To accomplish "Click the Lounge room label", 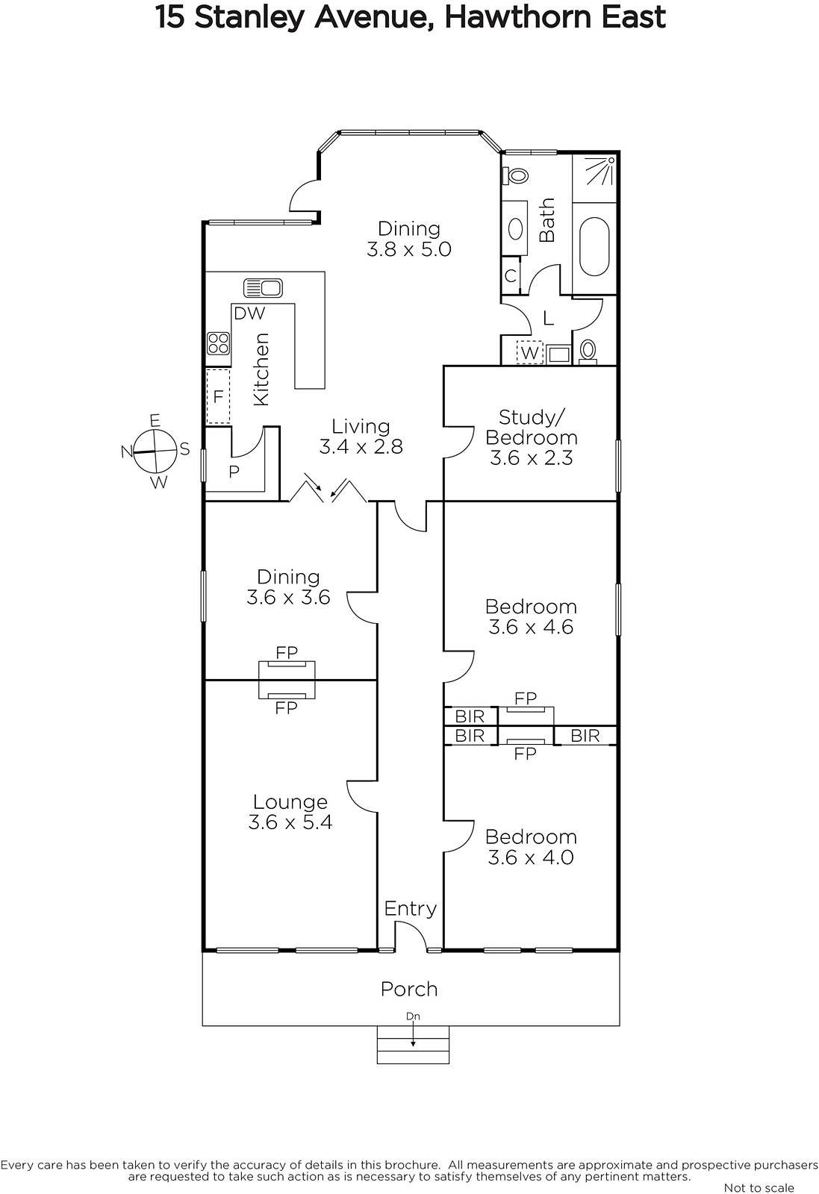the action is [x=290, y=801].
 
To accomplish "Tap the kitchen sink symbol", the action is [x=263, y=288].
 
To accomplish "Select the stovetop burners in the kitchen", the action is [x=218, y=343].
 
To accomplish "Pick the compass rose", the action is [x=155, y=451].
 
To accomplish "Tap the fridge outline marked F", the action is [x=218, y=396].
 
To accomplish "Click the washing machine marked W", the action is [x=529, y=352].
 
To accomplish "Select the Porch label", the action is [x=409, y=989].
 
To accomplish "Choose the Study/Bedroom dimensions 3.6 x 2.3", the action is [x=531, y=458].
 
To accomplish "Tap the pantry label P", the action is [x=234, y=472].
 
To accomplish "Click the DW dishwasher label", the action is [x=249, y=313].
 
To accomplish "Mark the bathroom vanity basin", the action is [x=515, y=228].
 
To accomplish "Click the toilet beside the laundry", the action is [x=588, y=351].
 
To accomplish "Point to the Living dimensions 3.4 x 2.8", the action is [x=361, y=447].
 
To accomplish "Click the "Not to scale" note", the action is [x=759, y=1187].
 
